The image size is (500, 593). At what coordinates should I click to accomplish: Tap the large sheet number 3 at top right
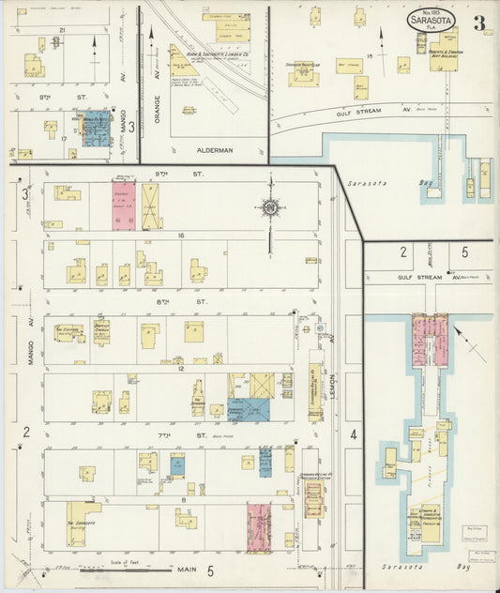click(x=478, y=23)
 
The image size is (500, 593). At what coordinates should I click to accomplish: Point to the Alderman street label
click(x=202, y=146)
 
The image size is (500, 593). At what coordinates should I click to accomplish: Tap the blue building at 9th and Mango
click(x=96, y=131)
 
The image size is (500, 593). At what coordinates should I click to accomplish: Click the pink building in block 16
click(x=125, y=205)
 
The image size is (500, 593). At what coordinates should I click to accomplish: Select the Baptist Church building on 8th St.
click(x=100, y=332)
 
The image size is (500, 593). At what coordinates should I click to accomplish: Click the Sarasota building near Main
click(x=83, y=523)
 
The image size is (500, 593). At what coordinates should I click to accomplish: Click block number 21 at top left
click(x=62, y=31)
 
